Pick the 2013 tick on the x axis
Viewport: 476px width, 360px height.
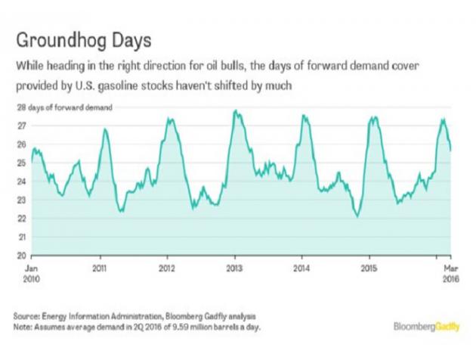235,268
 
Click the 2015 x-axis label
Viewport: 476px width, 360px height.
369,268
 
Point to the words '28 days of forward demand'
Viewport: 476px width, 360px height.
72,108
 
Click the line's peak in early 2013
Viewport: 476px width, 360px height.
236,111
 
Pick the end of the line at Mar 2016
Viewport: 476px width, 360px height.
451,151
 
